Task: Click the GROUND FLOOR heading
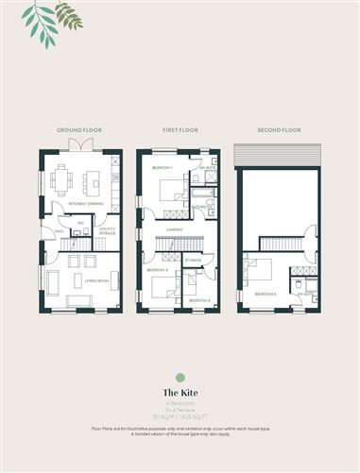(80, 130)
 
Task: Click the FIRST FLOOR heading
(178, 130)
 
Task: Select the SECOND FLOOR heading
(276, 130)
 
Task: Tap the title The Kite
(179, 392)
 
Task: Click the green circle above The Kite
(179, 378)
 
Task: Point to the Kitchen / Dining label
(78, 203)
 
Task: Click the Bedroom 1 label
(163, 168)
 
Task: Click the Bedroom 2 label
(198, 299)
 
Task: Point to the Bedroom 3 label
(157, 270)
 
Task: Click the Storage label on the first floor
(193, 259)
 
